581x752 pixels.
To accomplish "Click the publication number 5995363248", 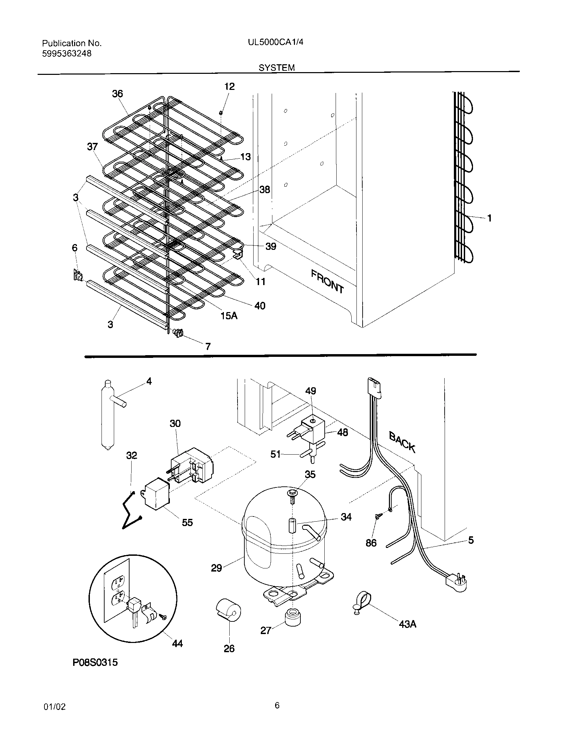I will [67, 54].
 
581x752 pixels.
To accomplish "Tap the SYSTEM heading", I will [277, 68].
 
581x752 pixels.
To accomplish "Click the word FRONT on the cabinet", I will [327, 281].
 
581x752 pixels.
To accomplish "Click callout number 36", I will [117, 94].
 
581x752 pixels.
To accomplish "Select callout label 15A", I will [229, 315].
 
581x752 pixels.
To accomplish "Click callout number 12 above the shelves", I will [229, 86].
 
